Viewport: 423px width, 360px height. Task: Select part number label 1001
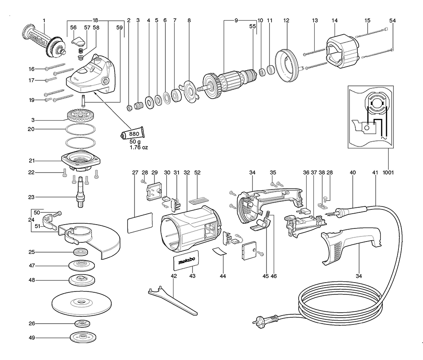click(x=388, y=173)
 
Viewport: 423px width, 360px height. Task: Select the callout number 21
click(x=44, y=161)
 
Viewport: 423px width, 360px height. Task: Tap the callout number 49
click(x=44, y=338)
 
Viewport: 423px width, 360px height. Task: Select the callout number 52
click(x=197, y=173)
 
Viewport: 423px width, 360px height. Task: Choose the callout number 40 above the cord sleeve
click(x=353, y=173)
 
